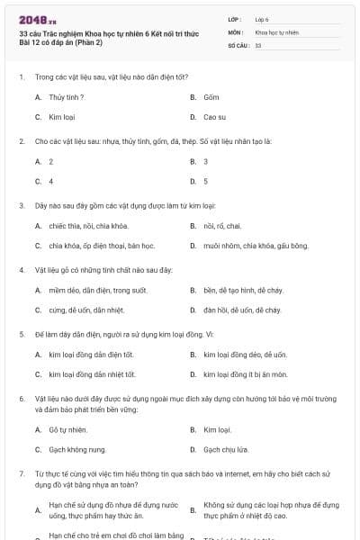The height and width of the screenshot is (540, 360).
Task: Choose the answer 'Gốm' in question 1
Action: (x=211, y=96)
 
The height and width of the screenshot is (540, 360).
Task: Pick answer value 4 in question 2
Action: (x=50, y=181)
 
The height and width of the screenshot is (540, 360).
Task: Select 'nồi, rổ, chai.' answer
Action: (x=222, y=225)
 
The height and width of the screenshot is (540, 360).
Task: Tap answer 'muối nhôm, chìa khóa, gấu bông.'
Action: (x=242, y=245)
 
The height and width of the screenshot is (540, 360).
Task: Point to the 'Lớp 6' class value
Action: (x=262, y=18)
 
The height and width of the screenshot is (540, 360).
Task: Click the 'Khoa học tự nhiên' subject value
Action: (x=276, y=31)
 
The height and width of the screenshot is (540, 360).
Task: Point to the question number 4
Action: (x=21, y=270)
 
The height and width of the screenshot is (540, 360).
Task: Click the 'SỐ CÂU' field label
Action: (x=237, y=45)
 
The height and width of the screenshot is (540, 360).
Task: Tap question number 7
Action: (x=21, y=472)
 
